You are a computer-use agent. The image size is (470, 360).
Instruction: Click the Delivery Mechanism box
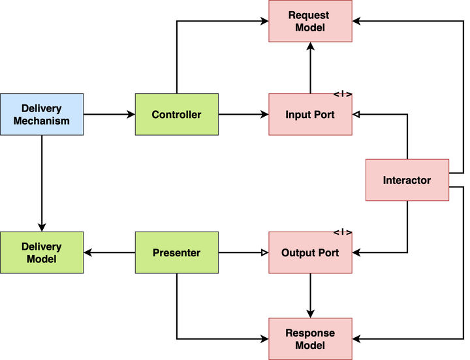[x=42, y=114]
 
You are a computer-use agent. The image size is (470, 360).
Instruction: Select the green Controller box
[x=176, y=114]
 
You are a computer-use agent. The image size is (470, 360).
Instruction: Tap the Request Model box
[x=310, y=22]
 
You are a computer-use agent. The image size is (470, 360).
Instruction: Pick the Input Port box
[x=310, y=114]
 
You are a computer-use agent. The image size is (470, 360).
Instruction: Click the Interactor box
[x=407, y=180]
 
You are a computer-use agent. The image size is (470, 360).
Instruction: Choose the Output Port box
[x=310, y=252]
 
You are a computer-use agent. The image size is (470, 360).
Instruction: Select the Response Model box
[x=310, y=338]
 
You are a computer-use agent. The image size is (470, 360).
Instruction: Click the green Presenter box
[x=176, y=252]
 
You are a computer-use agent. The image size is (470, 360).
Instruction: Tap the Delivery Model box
[x=42, y=252]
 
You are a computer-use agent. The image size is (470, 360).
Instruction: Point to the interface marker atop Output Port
[x=343, y=232]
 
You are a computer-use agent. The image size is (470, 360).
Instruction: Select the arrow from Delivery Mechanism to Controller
[x=109, y=114]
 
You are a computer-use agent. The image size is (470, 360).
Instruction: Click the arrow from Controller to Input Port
[x=243, y=114]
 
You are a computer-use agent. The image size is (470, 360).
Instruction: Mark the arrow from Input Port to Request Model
[x=310, y=68]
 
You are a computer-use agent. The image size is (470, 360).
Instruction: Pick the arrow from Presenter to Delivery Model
[x=109, y=252]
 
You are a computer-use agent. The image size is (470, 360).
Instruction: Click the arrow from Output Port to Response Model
[x=310, y=295]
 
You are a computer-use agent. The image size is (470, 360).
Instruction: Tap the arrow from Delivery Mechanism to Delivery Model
[x=42, y=183]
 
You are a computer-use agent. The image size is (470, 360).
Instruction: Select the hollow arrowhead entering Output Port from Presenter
[x=264, y=252]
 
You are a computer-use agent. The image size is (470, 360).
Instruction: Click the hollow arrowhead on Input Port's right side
[x=356, y=114]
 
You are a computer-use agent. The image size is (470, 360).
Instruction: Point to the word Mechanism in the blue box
[x=42, y=120]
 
